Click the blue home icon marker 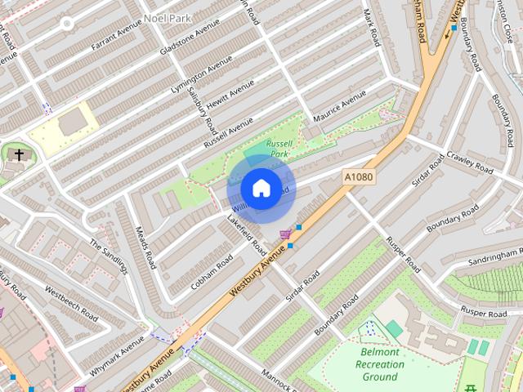point(261,189)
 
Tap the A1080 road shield point(359,176)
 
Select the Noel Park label point(168,17)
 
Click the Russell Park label point(279,147)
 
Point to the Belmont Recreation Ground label point(380,363)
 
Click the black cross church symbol point(19,154)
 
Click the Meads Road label point(145,247)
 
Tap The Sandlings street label point(109,256)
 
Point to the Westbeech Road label point(72,302)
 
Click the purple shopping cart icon point(284,235)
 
